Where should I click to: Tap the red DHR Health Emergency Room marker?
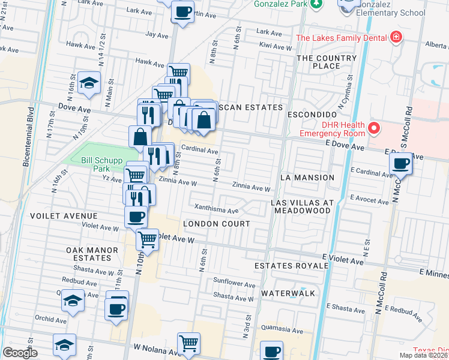pyautogui.click(x=374, y=128)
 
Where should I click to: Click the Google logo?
pyautogui.click(x=20, y=353)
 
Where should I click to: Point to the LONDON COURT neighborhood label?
pyautogui.click(x=216, y=224)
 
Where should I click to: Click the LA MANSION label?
pyautogui.click(x=307, y=178)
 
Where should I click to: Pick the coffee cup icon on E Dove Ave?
pyautogui.click(x=400, y=163)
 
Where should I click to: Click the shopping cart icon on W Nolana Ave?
pyautogui.click(x=188, y=343)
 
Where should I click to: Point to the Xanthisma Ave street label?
pyautogui.click(x=216, y=210)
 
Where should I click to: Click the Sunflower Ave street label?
pyautogui.click(x=235, y=282)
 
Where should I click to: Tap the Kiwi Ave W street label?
pyautogui.click(x=274, y=45)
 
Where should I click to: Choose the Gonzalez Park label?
pyautogui.click(x=281, y=4)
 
